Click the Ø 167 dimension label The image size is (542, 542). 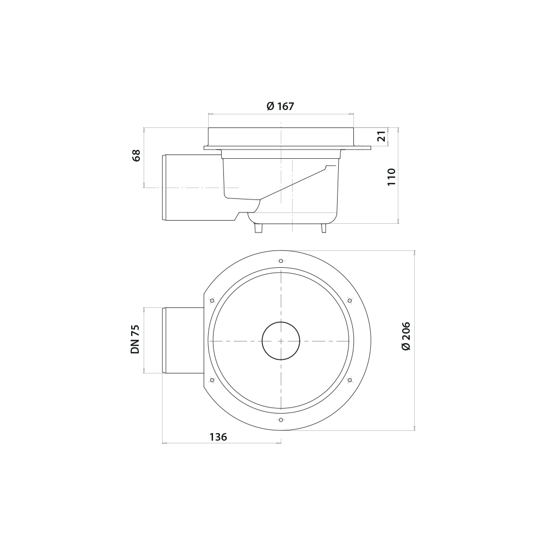pos(280,106)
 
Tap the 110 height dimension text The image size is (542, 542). pos(391,177)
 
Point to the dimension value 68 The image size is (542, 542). pos(136,156)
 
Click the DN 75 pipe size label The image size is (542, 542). pos(135,339)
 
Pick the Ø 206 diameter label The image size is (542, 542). pos(406,335)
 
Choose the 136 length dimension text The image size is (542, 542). pos(218,437)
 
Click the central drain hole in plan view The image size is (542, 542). pos(281,341)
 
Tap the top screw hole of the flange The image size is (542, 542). pos(281,261)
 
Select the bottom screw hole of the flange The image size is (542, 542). pos(281,420)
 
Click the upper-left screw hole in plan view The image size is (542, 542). pos(212,301)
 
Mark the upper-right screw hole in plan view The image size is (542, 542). pos(350,301)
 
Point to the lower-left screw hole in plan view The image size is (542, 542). pos(212,380)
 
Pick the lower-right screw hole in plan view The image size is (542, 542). pos(350,380)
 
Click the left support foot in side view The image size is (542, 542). pos(259,228)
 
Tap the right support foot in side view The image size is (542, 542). pos(324,228)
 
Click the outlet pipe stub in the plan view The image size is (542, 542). pos(183,340)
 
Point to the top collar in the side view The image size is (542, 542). pos(281,137)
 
